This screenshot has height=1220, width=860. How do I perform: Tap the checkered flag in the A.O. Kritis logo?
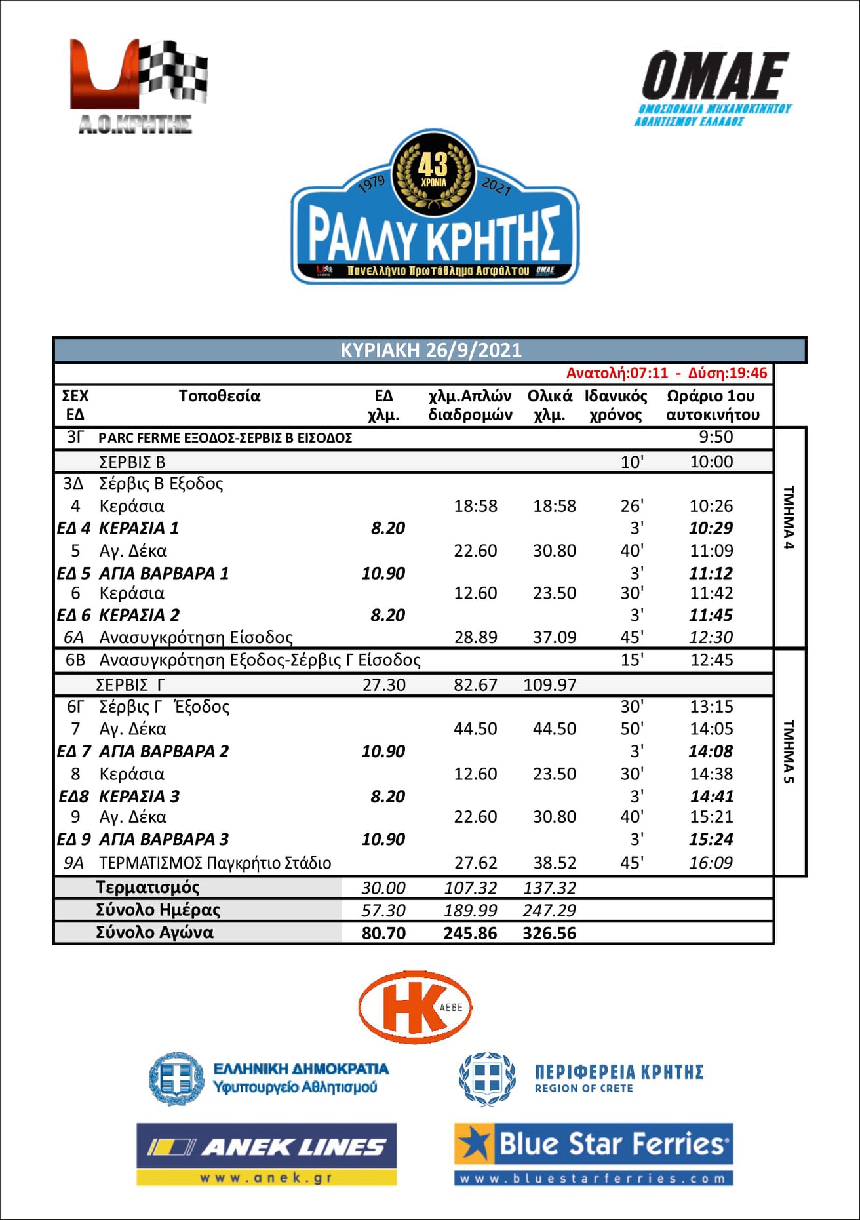point(173,71)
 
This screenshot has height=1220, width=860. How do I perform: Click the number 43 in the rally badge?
point(433,164)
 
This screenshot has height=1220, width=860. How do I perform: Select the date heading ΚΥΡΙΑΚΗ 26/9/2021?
point(431,350)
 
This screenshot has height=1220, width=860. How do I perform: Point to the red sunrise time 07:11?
point(649,373)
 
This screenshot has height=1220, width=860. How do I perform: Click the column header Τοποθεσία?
point(220,396)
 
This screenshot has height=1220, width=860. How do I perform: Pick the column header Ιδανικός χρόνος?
point(616,405)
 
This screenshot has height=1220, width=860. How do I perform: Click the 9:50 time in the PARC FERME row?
point(716,437)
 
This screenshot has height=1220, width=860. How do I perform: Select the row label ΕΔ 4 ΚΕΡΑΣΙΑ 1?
point(118,528)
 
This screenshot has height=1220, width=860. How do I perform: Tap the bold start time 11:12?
point(711,573)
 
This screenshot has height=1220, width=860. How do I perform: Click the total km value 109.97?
point(550,685)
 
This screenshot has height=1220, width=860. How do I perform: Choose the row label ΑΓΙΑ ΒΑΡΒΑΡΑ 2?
point(164,751)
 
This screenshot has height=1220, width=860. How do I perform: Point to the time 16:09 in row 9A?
point(711,863)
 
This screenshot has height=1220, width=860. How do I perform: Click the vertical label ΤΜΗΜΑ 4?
point(789,518)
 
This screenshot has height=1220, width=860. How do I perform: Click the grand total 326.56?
point(549,933)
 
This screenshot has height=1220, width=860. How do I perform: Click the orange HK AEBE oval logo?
point(415,1007)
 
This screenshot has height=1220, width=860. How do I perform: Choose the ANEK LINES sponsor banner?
point(266,1154)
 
